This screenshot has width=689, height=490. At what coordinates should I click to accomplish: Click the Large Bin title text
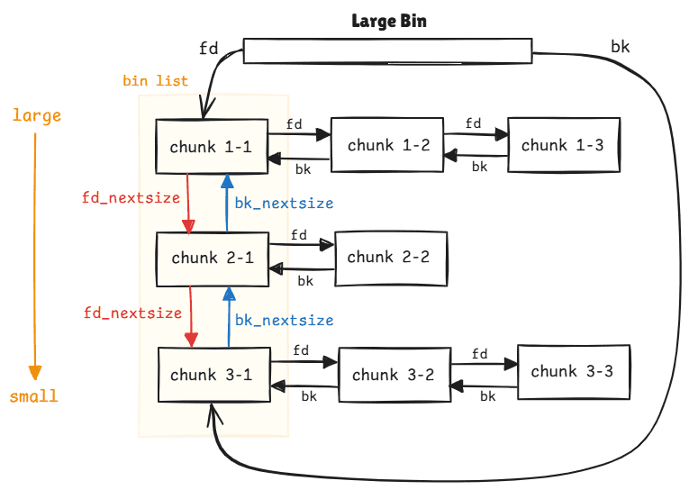click(388, 21)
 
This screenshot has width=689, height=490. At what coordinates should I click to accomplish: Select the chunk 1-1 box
click(211, 146)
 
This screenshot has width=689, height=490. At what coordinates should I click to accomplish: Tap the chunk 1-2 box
click(386, 145)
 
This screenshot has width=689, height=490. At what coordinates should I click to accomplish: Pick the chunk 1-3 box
click(562, 145)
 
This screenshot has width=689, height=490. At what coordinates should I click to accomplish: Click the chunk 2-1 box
click(212, 259)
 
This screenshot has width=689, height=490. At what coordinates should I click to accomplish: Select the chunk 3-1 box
click(212, 375)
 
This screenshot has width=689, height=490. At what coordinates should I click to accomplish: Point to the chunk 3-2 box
click(394, 375)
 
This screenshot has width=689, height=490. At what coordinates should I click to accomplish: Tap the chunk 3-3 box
click(572, 370)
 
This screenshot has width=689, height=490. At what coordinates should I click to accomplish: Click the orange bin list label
click(156, 81)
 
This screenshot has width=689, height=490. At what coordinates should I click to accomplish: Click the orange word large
click(37, 115)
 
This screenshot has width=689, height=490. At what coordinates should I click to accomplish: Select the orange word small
click(34, 396)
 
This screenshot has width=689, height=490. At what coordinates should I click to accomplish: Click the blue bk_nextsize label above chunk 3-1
click(284, 320)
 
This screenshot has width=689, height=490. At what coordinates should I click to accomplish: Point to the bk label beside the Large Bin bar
click(621, 46)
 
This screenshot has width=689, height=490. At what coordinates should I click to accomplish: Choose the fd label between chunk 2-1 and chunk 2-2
click(299, 235)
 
